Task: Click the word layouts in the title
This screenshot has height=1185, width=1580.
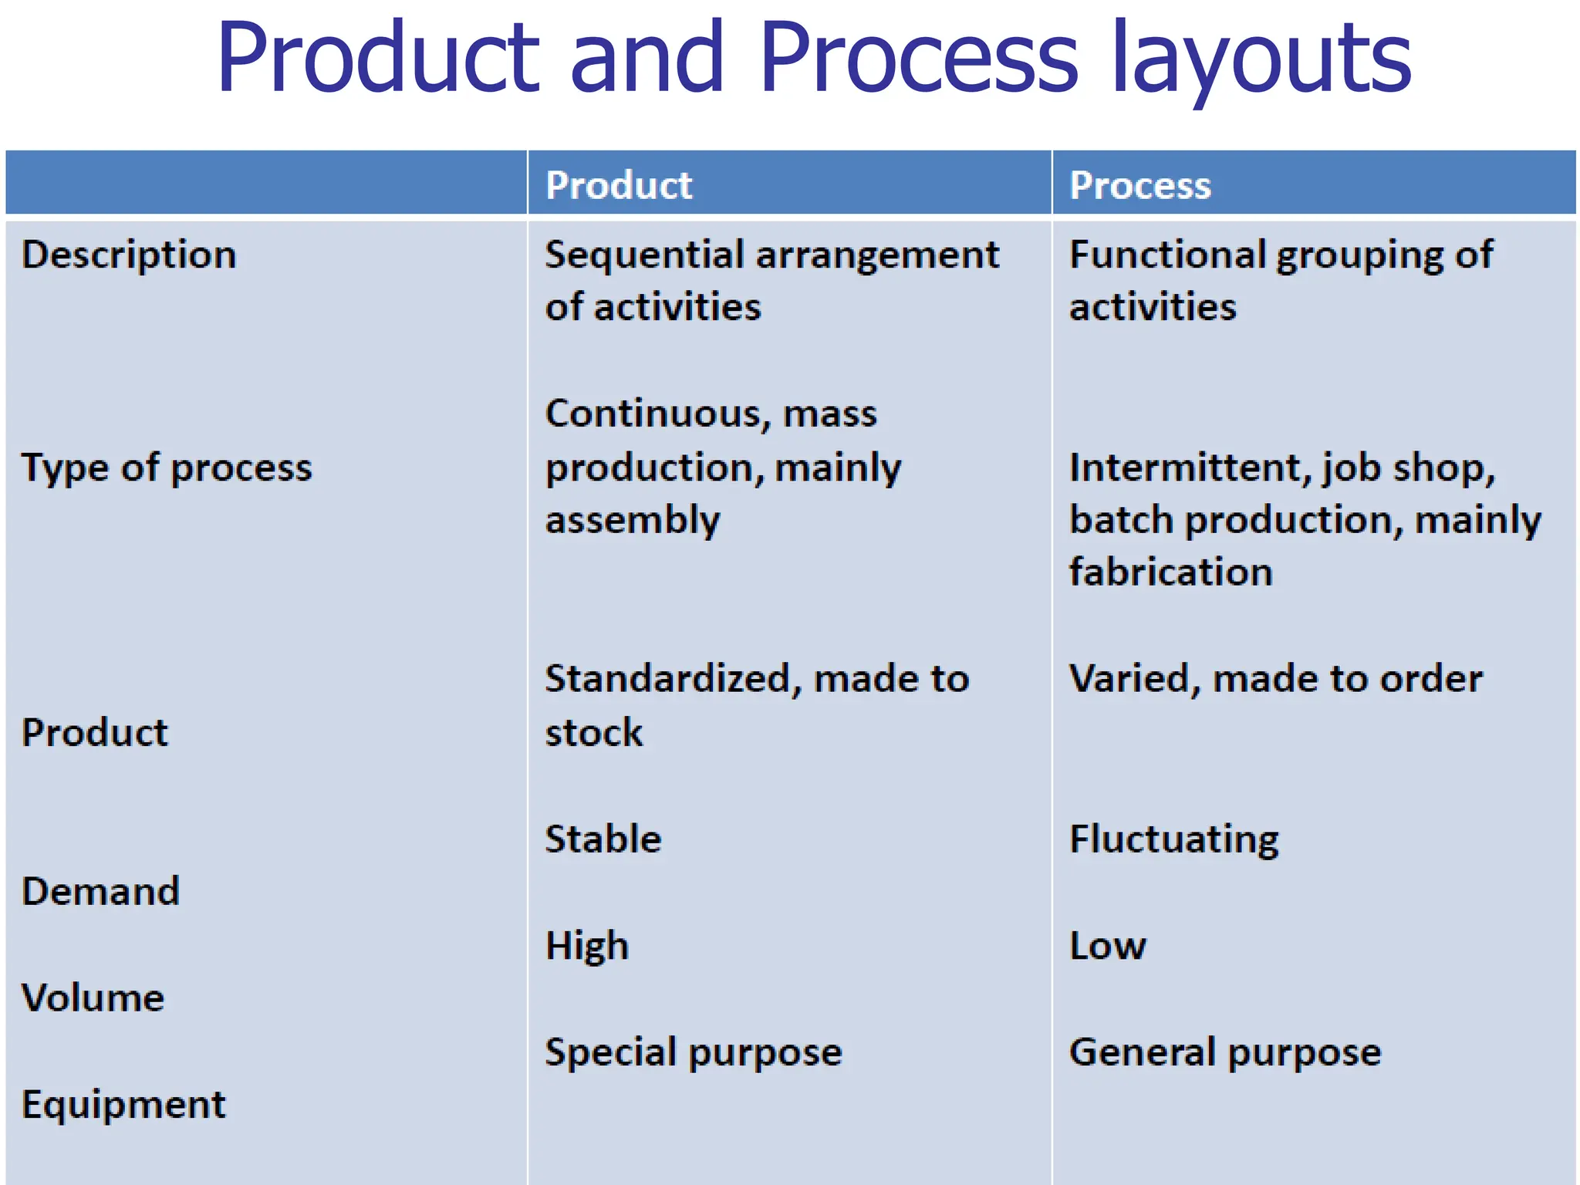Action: point(1261,60)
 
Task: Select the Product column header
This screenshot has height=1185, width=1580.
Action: point(619,185)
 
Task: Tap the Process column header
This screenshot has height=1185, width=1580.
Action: point(1140,185)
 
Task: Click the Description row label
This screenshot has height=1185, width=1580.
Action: point(129,255)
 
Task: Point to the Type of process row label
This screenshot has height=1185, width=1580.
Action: point(167,468)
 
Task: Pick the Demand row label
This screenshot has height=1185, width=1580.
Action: point(100,891)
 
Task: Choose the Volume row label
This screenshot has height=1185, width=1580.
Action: point(93,998)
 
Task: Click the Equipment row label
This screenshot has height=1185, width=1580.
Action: point(123,1104)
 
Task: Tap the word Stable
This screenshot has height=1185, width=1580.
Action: point(603,839)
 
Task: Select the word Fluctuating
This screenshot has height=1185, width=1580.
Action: point(1173,839)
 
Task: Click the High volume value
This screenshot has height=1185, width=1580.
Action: point(587,946)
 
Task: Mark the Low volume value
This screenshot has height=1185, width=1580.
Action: point(1107,946)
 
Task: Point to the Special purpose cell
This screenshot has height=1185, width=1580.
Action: point(693,1052)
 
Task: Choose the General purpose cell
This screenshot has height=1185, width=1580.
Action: point(1224,1052)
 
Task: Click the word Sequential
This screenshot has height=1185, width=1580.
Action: point(644,255)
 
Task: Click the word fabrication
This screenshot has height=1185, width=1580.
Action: point(1170,572)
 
